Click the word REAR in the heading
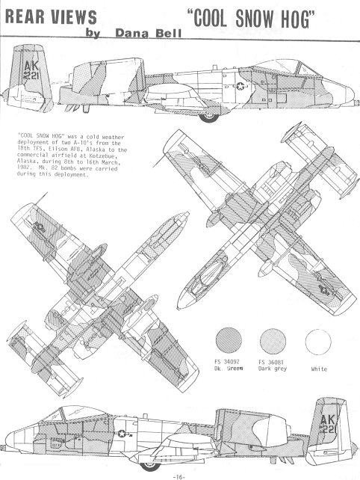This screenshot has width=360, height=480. pyautogui.click(x=25, y=17)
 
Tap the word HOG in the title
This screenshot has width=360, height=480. pyautogui.click(x=299, y=19)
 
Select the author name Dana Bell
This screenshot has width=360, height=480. pyautogui.click(x=149, y=33)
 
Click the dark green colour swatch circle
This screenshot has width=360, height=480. pyautogui.click(x=229, y=340)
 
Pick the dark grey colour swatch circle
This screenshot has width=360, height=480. pyautogui.click(x=273, y=342)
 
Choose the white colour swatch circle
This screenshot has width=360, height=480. pyautogui.click(x=318, y=342)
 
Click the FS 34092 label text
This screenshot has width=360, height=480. pyautogui.click(x=227, y=362)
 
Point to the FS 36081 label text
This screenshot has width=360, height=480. pyautogui.click(x=271, y=362)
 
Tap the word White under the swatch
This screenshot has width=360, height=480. pyautogui.click(x=319, y=369)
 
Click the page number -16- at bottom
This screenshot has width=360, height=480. pyautogui.click(x=179, y=476)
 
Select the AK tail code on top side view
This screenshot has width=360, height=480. pyautogui.click(x=31, y=66)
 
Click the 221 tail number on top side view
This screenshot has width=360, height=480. pyautogui.click(x=31, y=76)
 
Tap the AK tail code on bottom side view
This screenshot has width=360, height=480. pyautogui.click(x=328, y=419)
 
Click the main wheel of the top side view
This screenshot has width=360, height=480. pyautogui.click(x=209, y=117)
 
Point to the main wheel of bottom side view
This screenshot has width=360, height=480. pyautogui.click(x=150, y=465)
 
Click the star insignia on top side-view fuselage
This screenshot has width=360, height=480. pyautogui.click(x=240, y=86)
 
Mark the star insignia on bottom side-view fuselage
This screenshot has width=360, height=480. pyautogui.click(x=122, y=433)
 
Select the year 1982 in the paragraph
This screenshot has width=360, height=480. pyautogui.click(x=25, y=168)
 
